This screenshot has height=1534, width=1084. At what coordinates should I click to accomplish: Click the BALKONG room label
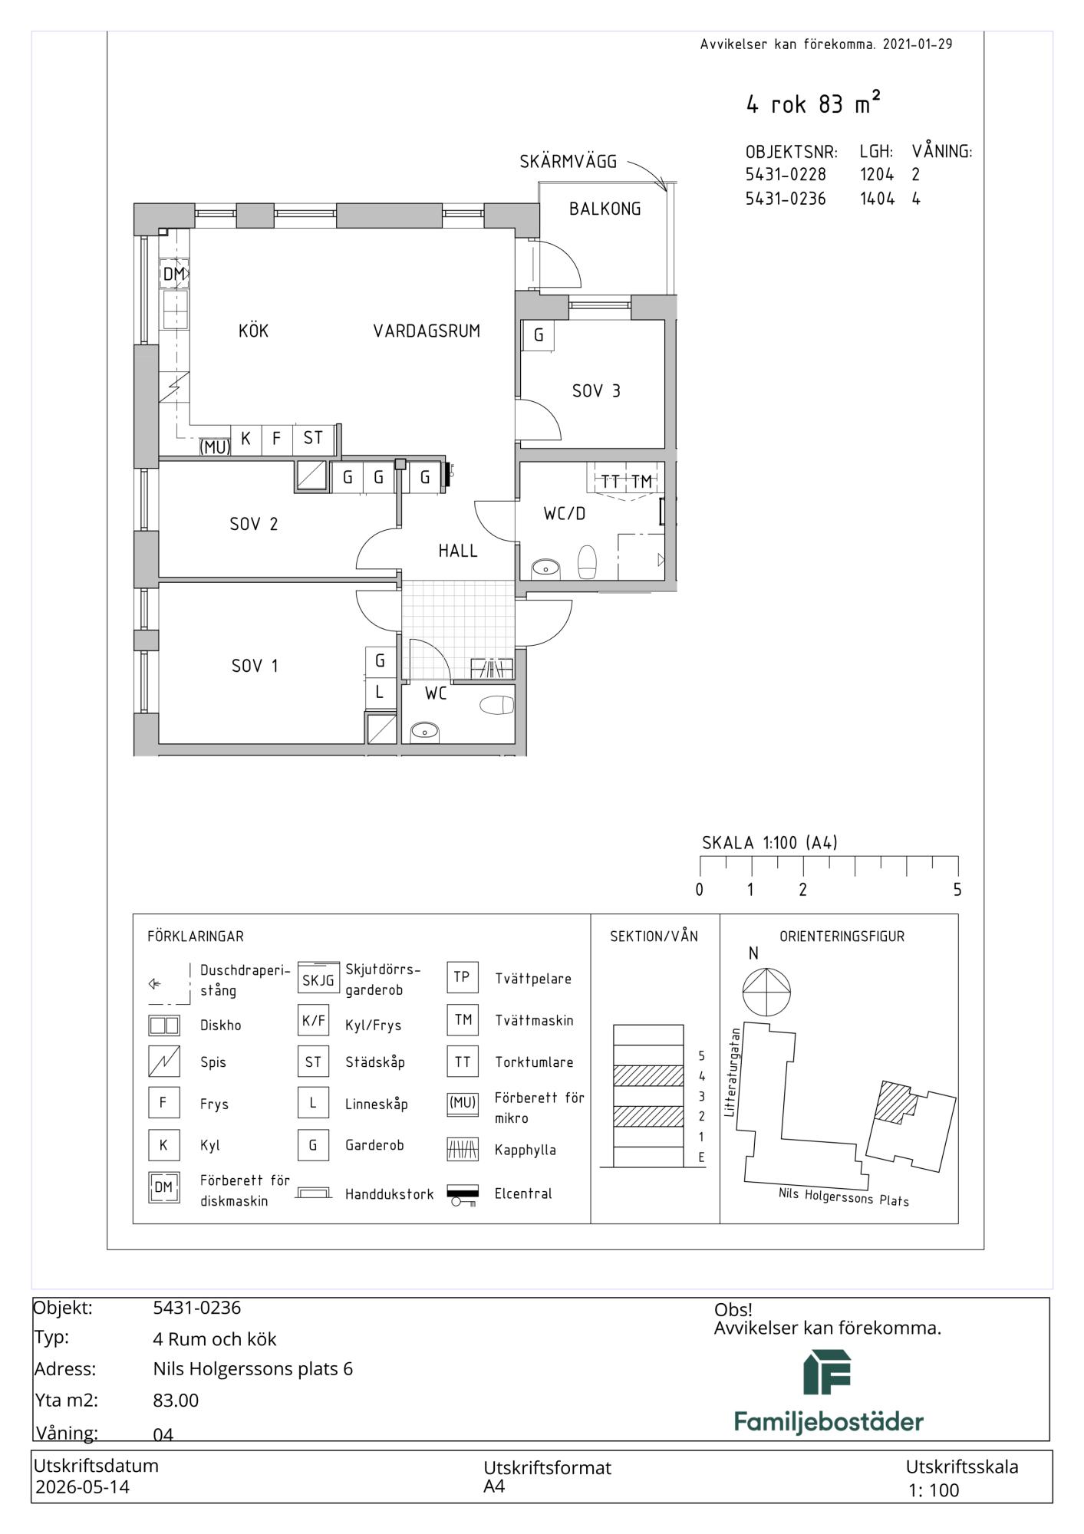point(605,209)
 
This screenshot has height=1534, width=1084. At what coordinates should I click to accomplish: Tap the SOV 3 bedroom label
point(596,391)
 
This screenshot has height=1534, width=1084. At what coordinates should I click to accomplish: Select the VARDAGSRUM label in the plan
point(427,331)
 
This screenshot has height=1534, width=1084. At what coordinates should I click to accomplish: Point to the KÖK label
point(254,331)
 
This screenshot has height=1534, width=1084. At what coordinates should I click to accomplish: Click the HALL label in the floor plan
point(458,551)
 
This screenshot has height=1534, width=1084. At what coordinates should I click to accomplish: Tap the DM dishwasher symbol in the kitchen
point(174,274)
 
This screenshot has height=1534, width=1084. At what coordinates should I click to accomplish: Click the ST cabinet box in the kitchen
point(313,439)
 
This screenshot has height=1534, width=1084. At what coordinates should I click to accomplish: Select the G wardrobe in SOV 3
point(539,335)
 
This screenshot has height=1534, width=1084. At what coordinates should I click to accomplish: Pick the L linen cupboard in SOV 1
point(380,693)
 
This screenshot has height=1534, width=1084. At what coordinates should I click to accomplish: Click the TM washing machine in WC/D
point(641,482)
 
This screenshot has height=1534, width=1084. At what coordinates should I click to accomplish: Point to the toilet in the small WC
point(496,705)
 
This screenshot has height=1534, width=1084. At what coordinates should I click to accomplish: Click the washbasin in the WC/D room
point(545,568)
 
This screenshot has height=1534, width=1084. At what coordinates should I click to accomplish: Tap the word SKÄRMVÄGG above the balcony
point(568,162)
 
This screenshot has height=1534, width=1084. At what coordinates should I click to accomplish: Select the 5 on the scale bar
point(957,890)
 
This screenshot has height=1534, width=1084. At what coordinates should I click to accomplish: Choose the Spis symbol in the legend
point(163,1062)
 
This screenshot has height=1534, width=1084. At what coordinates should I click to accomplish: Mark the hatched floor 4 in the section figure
point(648,1075)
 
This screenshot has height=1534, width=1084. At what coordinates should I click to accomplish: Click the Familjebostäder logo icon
point(828,1372)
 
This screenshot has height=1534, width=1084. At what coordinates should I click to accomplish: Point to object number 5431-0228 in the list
point(786,175)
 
